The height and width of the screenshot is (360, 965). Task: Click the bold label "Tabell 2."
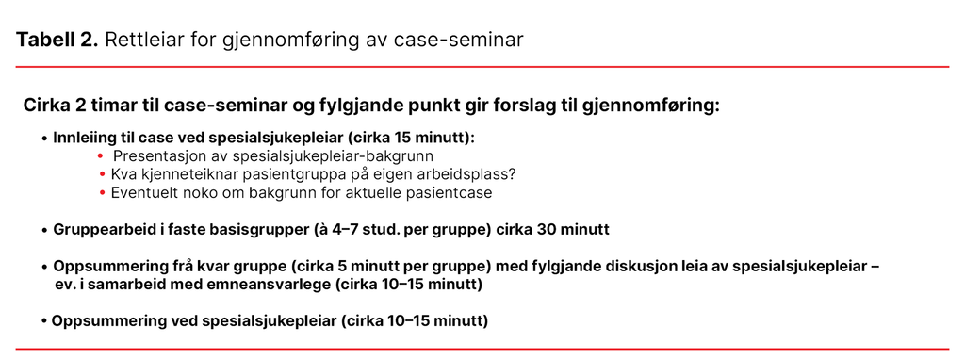click(x=57, y=40)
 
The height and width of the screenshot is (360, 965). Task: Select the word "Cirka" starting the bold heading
click(x=49, y=105)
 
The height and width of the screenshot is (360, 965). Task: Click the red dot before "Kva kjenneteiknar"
click(x=102, y=175)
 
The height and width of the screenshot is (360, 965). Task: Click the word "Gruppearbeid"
click(x=103, y=230)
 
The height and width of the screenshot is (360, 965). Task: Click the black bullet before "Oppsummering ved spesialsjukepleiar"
click(x=44, y=321)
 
